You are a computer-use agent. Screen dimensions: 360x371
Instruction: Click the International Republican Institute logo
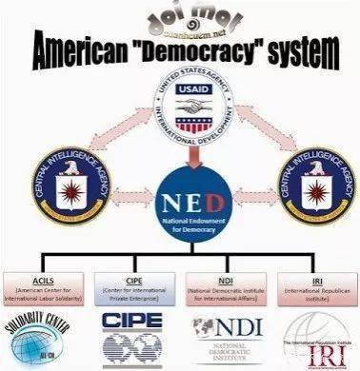click(314, 342)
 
